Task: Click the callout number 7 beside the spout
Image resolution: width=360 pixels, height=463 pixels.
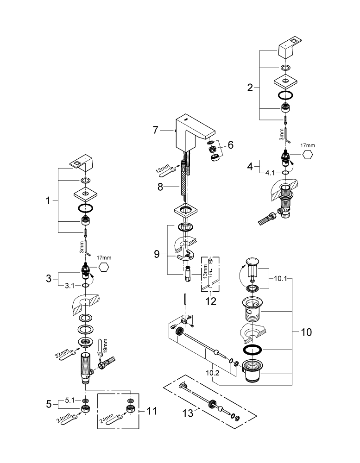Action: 156,130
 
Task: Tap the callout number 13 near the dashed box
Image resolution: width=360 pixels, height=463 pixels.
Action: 188,413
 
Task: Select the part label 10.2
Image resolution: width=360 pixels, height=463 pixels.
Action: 213,373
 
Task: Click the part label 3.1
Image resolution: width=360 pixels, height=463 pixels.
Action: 70,286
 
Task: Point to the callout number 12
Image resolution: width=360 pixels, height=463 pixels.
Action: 211,301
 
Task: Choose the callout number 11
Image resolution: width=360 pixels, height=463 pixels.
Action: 152,411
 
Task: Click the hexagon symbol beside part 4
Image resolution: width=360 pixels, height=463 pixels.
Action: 307,155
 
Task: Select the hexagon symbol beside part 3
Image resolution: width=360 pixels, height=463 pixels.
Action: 103,267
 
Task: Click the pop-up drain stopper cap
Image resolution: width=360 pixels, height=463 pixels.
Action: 252,262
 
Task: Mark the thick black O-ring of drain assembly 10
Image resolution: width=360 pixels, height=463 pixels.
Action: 252,350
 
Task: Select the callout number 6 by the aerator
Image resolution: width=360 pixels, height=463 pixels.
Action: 230,144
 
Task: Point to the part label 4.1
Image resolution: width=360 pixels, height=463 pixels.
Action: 270,172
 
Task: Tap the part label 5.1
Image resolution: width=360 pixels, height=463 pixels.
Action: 70,400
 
